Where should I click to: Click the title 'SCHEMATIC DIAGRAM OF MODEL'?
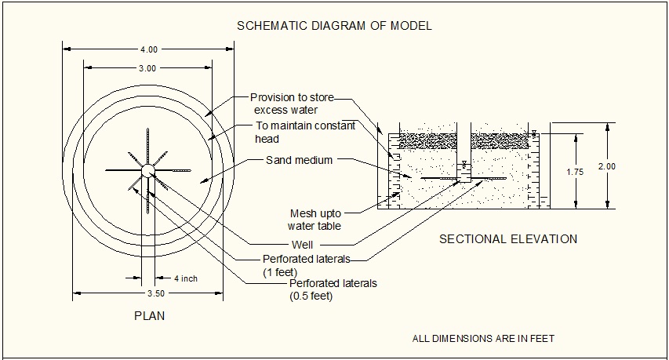coord(334,26)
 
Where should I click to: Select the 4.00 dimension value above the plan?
coord(147,49)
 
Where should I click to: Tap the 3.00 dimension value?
coord(147,68)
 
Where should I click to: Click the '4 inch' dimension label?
coord(186,278)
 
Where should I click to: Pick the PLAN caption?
coord(148,316)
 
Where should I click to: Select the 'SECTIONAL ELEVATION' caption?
coord(507,239)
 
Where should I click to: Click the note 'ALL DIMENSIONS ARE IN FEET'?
coord(483,339)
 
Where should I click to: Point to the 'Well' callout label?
coord(301,244)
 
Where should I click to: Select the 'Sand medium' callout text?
coord(299,160)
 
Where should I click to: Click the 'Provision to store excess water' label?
coord(292,104)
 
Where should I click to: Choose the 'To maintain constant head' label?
coord(305,133)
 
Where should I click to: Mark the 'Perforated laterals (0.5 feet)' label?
coord(333,289)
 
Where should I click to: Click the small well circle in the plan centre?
coord(147,169)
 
